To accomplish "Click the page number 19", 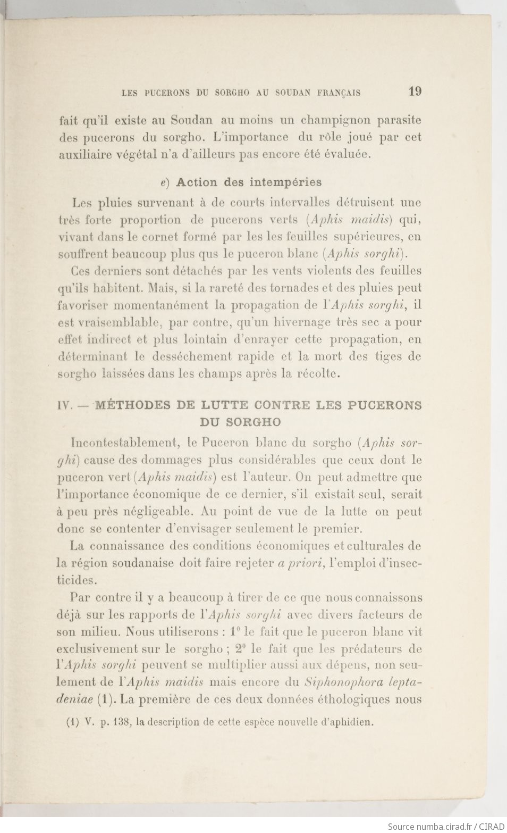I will [x=415, y=91].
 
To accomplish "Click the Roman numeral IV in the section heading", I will [x=65, y=405].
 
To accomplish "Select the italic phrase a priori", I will [x=300, y=564].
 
